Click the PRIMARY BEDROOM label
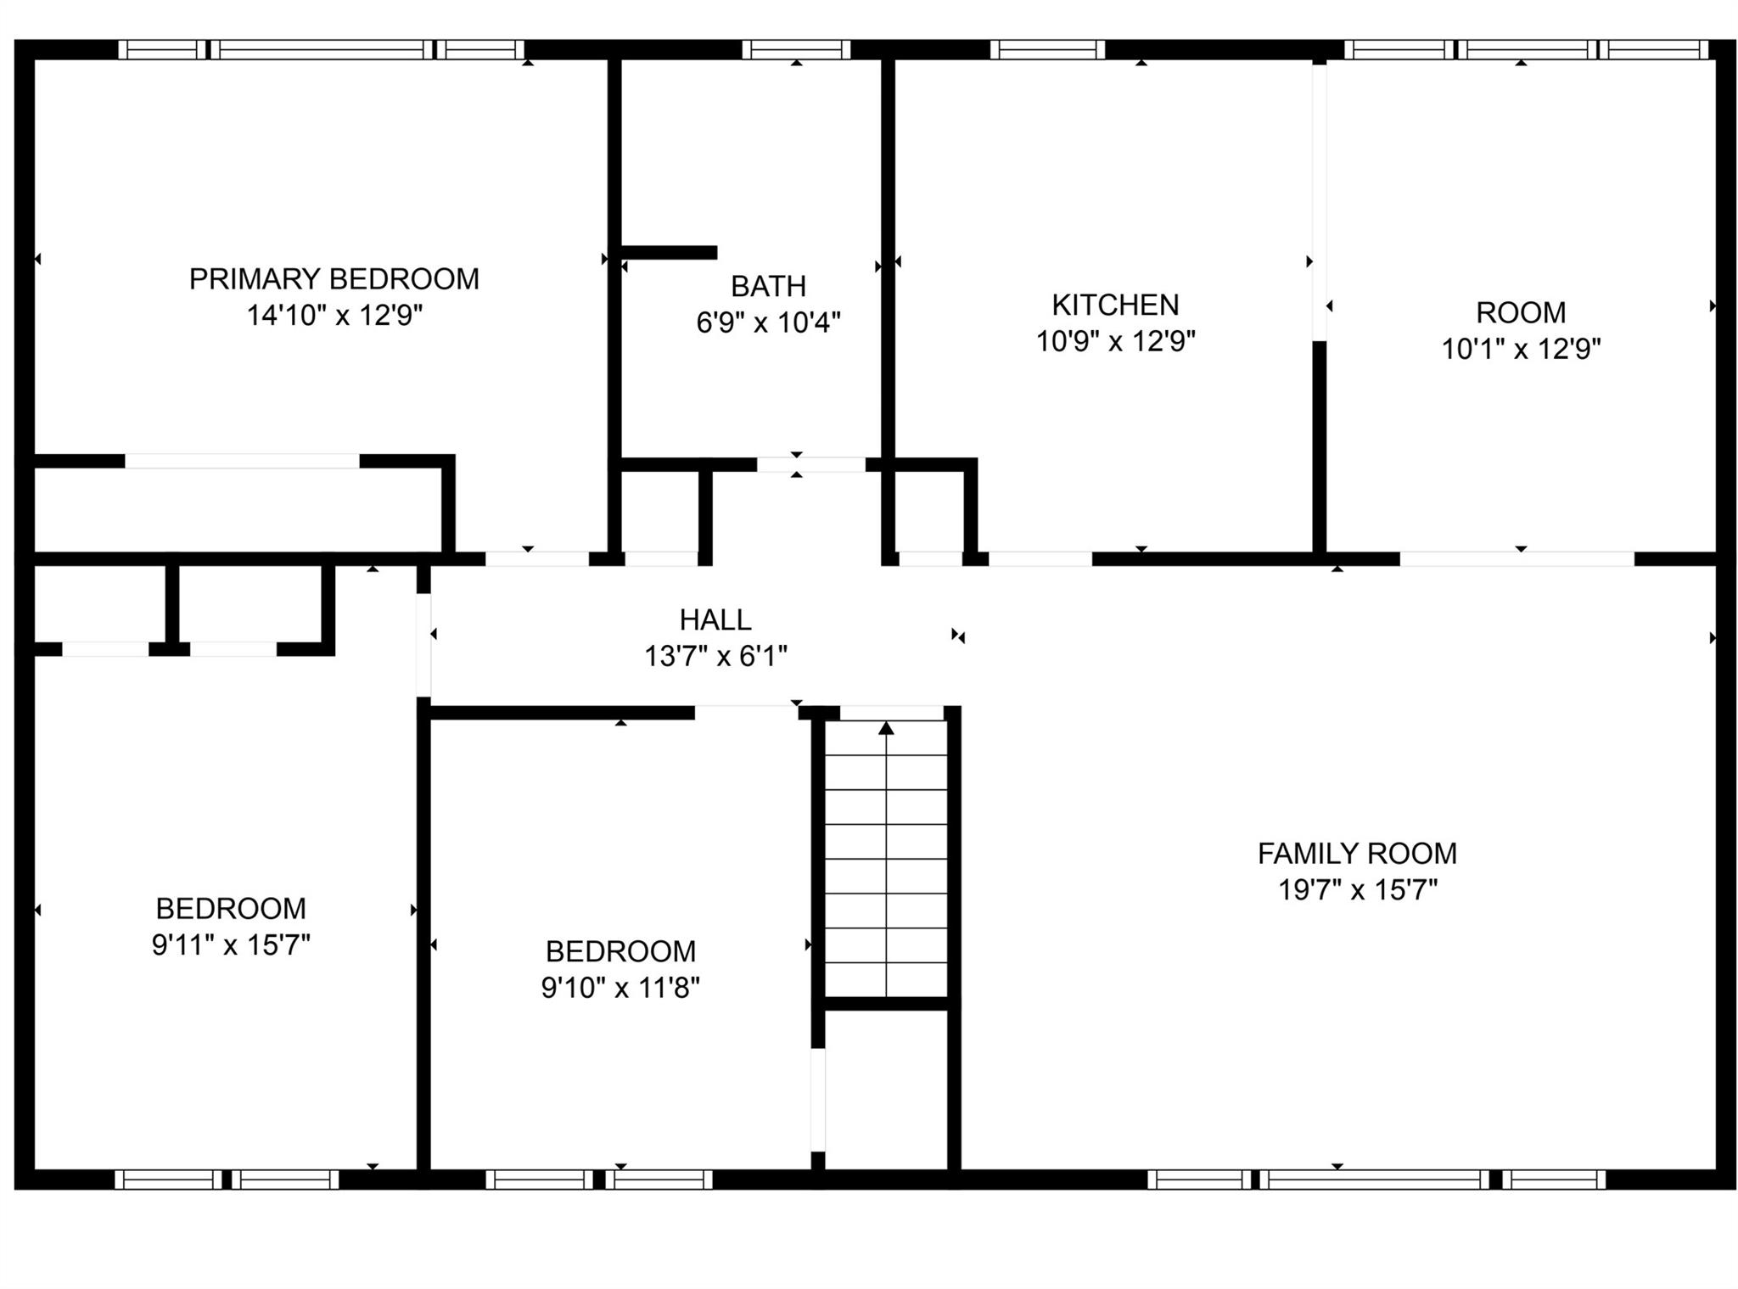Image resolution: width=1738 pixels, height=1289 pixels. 334,279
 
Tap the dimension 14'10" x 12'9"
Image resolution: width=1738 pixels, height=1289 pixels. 334,316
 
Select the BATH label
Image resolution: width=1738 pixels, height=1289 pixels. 768,287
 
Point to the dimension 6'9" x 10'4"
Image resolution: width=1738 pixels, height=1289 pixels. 768,322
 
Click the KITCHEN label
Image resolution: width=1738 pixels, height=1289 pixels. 1115,305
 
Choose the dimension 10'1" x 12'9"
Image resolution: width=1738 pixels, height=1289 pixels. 1521,349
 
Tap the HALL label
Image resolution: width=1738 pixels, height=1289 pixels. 715,620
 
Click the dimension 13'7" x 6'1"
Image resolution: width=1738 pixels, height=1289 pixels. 715,656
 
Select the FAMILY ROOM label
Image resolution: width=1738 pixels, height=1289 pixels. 1357,854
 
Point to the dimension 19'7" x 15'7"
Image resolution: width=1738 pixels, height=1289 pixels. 1357,890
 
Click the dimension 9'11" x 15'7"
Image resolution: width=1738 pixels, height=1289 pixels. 231,945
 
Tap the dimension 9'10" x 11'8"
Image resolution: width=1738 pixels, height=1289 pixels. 620,988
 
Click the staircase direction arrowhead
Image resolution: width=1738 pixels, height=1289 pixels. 886,728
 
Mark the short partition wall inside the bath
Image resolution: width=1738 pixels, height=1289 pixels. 669,253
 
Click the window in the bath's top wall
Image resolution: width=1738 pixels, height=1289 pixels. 796,50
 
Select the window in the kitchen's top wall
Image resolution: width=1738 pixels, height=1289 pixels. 1047,50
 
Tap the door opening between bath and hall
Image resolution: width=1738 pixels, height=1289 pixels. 810,465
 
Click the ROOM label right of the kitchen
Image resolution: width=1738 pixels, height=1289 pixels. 1521,313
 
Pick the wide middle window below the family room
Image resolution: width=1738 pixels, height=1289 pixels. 1374,1180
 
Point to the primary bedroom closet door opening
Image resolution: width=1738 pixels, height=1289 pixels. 242,462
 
